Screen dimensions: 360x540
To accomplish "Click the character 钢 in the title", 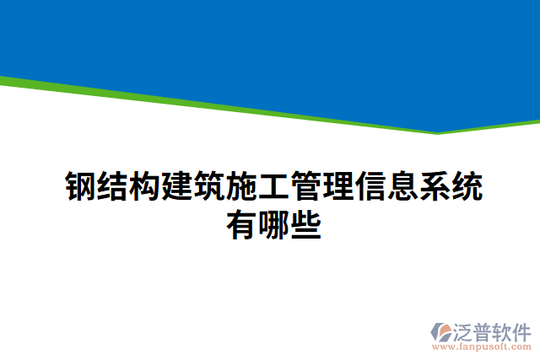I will (x=80, y=187).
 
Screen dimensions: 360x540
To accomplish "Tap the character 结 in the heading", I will (x=112, y=187).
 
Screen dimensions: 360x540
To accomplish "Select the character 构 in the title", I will (x=144, y=187).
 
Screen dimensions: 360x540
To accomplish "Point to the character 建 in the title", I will (x=177, y=187).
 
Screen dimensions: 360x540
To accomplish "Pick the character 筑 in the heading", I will (x=209, y=187).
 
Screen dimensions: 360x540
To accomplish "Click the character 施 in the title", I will (x=241, y=187).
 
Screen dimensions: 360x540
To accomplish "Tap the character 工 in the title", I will (x=273, y=187).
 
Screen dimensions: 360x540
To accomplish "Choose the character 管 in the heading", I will (x=305, y=187).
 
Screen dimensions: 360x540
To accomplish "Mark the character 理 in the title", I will (x=337, y=187).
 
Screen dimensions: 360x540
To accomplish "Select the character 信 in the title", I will (x=370, y=187).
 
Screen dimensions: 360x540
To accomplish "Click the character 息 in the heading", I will (x=402, y=187).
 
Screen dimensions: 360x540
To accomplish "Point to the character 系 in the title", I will (x=434, y=187).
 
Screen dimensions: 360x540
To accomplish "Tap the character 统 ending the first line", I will (x=466, y=187).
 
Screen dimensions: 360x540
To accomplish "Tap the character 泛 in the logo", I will (x=467, y=330).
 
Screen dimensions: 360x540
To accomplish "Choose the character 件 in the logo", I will (x=522, y=330).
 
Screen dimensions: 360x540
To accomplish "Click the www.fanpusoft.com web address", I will (x=482, y=346).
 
